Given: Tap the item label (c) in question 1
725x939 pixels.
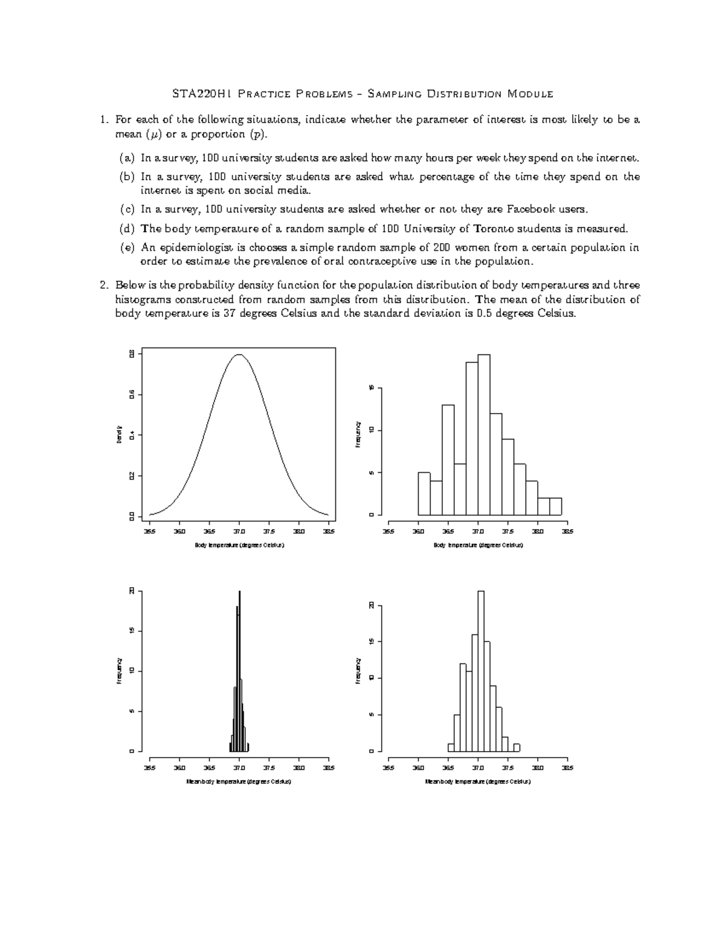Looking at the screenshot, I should tap(127, 209).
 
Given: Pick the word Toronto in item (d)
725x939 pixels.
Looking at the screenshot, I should tap(496, 229).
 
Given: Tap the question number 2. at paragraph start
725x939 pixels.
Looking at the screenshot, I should tap(105, 285).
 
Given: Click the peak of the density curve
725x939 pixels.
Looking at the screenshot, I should tap(240, 355).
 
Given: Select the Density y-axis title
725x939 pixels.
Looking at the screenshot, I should tap(120, 435).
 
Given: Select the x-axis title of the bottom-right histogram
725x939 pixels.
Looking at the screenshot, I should tap(478, 781).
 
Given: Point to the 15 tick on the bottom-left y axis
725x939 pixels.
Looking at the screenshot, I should tap(131, 631).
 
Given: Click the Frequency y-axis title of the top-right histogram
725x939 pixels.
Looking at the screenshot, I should tap(358, 435).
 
